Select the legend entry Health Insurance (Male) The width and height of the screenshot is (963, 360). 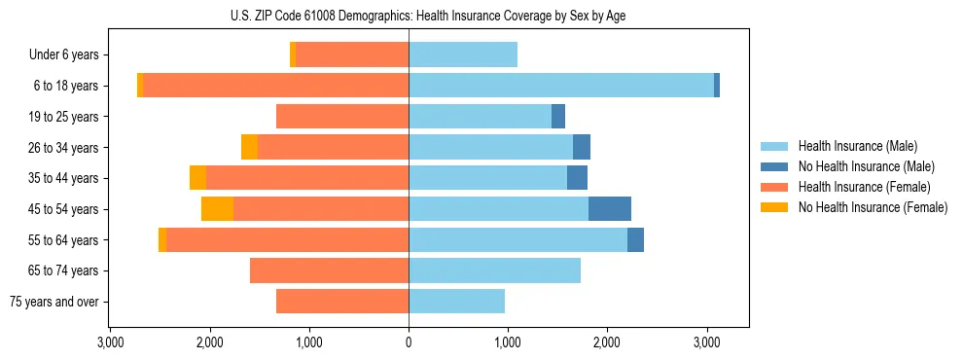(x=852, y=146)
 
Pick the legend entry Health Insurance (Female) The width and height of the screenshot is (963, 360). (x=857, y=187)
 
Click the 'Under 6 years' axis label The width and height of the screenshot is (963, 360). (x=63, y=55)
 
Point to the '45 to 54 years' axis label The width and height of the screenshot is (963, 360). (x=60, y=209)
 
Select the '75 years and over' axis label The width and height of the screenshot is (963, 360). (x=54, y=302)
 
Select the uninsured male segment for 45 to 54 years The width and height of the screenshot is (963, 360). (x=610, y=209)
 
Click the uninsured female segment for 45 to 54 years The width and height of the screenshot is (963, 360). (x=217, y=209)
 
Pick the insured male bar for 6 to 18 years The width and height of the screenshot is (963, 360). (x=561, y=86)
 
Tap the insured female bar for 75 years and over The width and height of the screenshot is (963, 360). (x=342, y=302)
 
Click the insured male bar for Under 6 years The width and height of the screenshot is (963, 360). (x=463, y=55)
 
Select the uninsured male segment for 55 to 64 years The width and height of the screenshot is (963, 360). (x=635, y=240)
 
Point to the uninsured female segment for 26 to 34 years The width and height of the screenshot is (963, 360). (x=249, y=148)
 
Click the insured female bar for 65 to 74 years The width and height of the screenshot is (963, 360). (x=329, y=270)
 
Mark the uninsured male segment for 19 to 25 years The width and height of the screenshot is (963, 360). (x=558, y=117)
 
